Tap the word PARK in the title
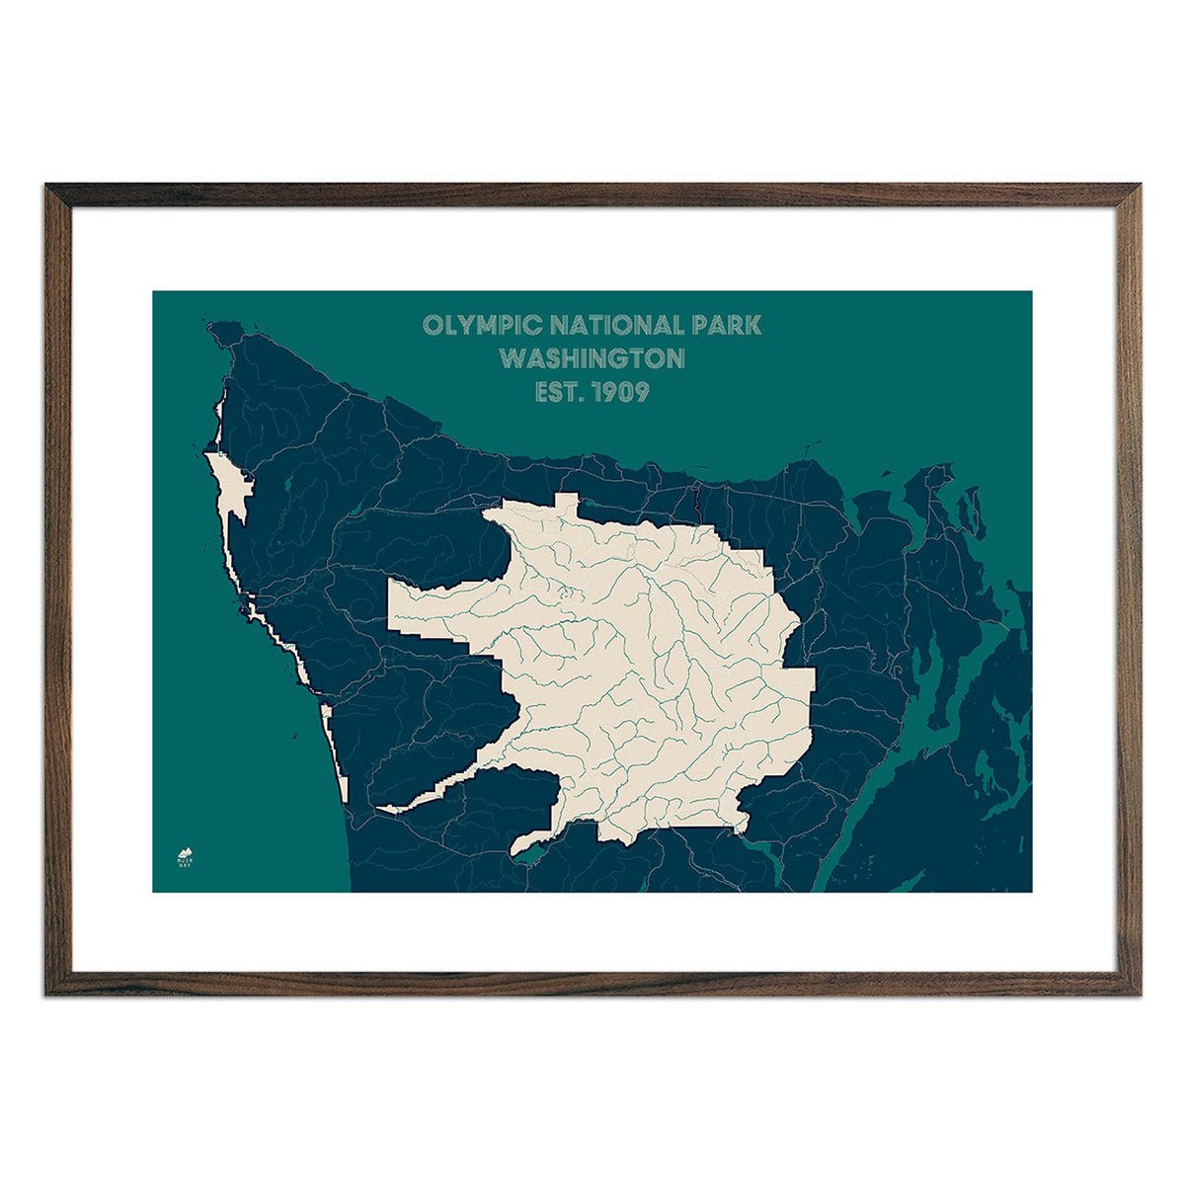click(727, 325)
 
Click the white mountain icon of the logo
click(185, 850)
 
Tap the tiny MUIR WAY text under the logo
click(185, 863)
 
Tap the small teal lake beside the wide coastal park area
click(287, 484)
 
